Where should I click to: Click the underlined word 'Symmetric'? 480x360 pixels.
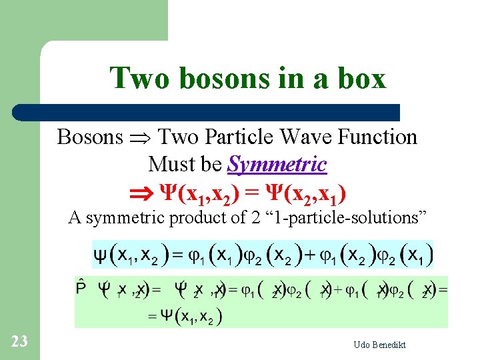tap(277, 164)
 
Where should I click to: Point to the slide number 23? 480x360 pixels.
tap(19, 342)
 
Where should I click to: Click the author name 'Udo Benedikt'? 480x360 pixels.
tap(381, 345)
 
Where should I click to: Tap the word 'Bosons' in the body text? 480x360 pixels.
tap(90, 137)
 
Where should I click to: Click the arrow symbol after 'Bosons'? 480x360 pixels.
tap(140, 137)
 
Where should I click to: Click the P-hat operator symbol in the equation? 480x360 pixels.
tap(81, 288)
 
